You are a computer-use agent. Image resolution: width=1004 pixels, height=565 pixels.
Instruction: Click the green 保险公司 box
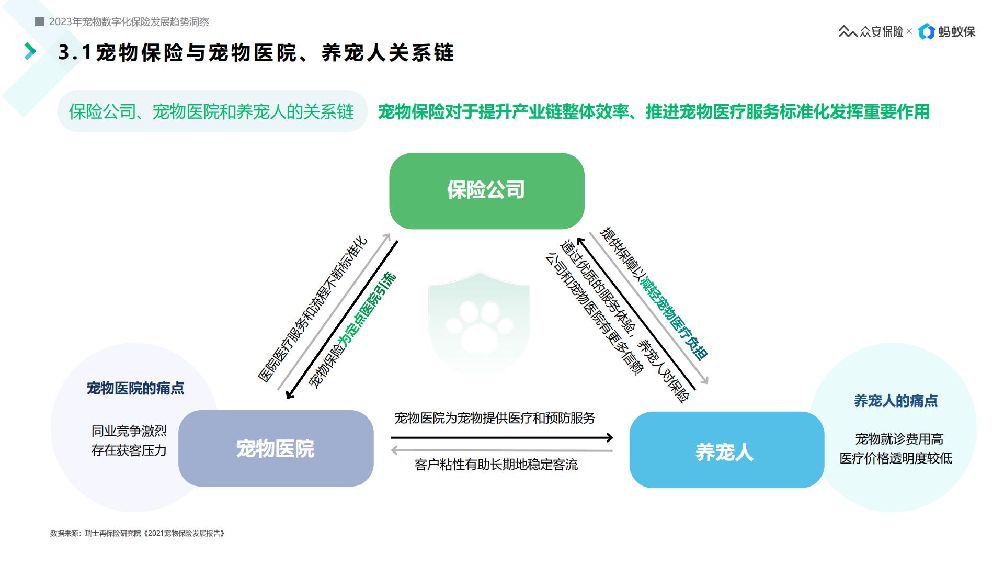[486, 190]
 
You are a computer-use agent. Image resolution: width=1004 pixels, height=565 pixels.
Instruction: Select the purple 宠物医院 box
[276, 448]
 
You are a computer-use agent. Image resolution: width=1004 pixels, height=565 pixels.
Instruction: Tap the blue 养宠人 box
[726, 450]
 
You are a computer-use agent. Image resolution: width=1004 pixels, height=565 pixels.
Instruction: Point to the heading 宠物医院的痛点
[135, 388]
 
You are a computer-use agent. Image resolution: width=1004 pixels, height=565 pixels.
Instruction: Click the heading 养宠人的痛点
[896, 401]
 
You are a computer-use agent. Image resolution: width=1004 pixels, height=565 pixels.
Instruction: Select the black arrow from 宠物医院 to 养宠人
[502, 437]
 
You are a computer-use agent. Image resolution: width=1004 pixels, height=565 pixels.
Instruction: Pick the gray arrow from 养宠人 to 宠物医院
[502, 450]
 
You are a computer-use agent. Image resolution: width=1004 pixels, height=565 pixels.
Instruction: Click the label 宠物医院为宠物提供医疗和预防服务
[495, 418]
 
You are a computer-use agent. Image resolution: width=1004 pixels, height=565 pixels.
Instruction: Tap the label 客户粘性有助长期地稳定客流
[496, 465]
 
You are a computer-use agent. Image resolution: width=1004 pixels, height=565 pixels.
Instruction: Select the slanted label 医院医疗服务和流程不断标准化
[313, 310]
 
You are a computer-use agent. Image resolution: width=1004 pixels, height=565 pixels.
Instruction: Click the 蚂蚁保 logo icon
[927, 31]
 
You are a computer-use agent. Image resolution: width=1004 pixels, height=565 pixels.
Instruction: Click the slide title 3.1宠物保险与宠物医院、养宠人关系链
[256, 52]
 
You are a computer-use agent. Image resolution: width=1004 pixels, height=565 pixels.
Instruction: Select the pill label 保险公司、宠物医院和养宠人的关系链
[212, 111]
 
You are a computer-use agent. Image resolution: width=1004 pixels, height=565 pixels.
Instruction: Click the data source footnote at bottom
[138, 534]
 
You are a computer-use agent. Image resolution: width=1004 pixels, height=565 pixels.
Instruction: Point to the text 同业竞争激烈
[129, 431]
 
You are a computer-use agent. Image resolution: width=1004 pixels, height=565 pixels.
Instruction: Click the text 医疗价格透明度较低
[896, 458]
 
